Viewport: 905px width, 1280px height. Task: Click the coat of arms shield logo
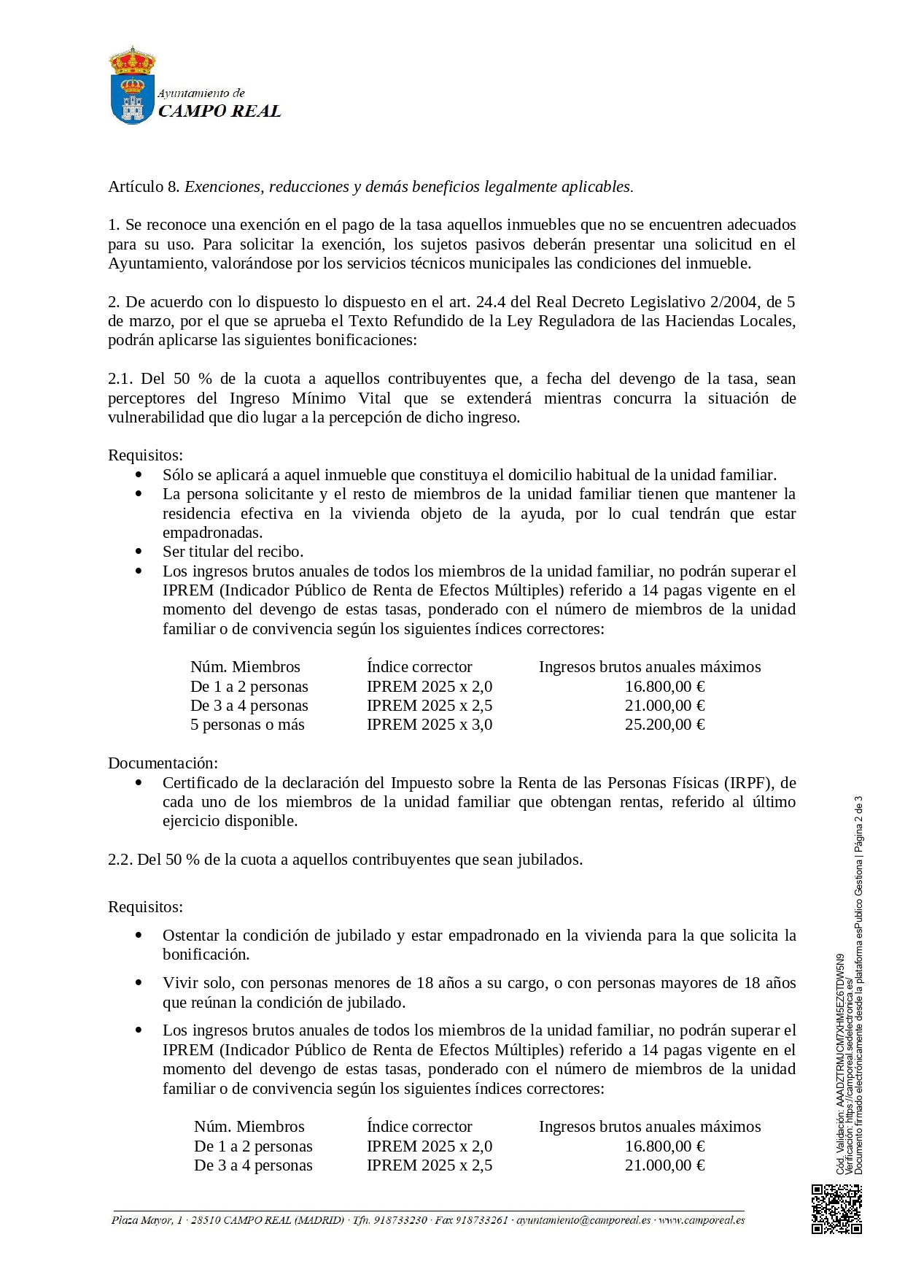tap(132, 86)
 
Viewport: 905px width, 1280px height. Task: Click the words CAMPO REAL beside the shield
tap(220, 111)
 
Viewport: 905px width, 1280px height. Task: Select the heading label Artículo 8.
tap(144, 187)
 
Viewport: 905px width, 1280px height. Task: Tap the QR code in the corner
tap(836, 1209)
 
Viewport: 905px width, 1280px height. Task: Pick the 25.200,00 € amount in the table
tap(664, 725)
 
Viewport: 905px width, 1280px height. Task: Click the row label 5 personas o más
tap(247, 725)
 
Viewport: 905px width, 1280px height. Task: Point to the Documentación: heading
tap(163, 763)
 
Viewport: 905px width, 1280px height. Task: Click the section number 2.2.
tap(120, 860)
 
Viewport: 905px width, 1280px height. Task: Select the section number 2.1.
tap(120, 379)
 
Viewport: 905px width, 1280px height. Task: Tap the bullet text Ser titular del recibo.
tap(233, 552)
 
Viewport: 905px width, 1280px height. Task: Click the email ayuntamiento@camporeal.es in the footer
tap(583, 1220)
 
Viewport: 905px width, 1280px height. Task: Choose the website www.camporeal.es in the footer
tap(702, 1220)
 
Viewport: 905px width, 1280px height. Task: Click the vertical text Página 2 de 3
tap(858, 824)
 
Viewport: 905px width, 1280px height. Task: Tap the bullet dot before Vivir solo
tap(139, 983)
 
